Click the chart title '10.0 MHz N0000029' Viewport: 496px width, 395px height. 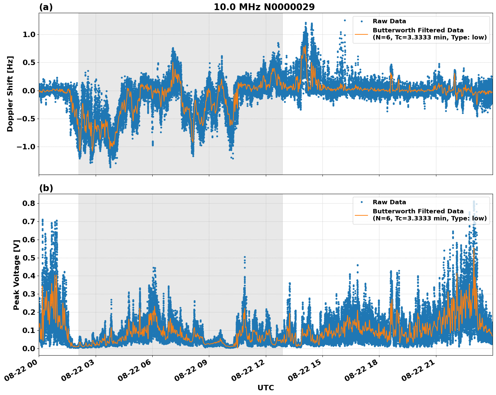[264, 7]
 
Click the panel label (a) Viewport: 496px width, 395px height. [46, 7]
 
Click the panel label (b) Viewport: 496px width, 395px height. [46, 188]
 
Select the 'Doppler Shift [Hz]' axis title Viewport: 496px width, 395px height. [10, 94]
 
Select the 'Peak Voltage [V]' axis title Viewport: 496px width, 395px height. [16, 274]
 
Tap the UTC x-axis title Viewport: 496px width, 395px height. [266, 388]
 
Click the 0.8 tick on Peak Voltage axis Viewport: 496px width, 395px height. [30, 203]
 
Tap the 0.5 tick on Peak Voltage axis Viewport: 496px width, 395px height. [30, 258]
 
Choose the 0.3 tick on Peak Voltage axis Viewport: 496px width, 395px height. [30, 294]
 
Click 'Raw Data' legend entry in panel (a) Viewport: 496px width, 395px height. [389, 21]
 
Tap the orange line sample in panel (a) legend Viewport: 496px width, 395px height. [361, 34]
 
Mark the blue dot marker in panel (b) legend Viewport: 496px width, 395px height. [361, 202]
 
